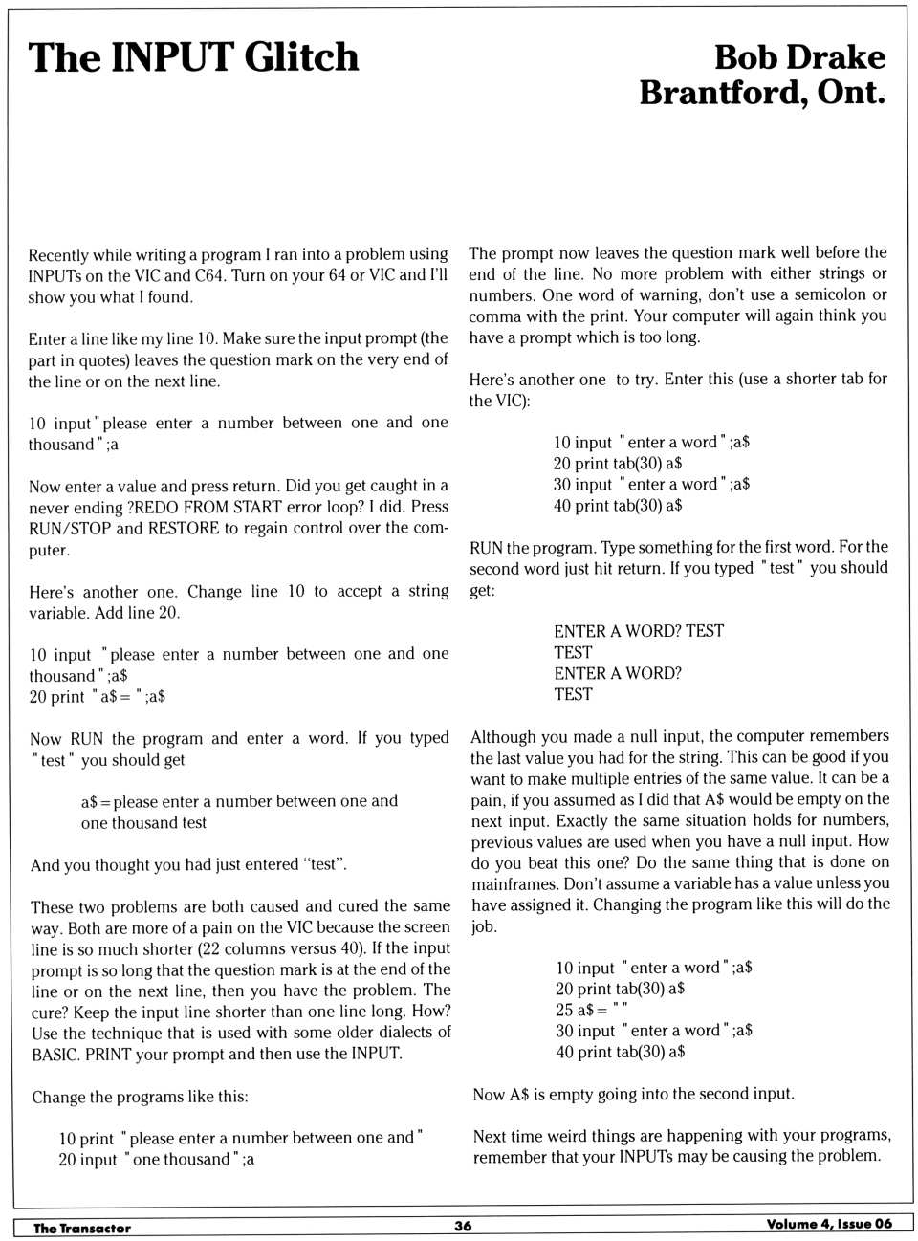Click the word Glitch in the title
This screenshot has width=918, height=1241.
coord(301,57)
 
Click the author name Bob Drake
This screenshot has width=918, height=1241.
coord(799,56)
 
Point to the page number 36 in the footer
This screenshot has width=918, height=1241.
coord(463,1226)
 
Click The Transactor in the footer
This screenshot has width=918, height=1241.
coord(81,1228)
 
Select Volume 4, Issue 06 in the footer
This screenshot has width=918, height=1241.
coord(828,1224)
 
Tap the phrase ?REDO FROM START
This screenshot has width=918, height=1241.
coord(204,507)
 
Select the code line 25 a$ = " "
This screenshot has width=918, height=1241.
coord(591,1010)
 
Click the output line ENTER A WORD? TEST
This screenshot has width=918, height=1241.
coord(638,631)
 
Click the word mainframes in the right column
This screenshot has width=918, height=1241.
coord(514,883)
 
